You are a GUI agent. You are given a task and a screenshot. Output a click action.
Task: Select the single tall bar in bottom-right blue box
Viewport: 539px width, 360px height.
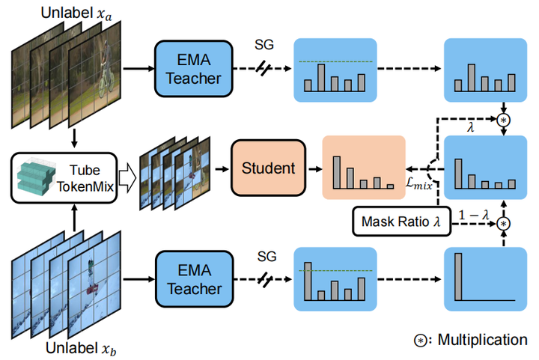point(454,276)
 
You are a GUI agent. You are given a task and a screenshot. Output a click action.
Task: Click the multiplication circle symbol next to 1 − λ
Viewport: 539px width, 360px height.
point(504,224)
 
